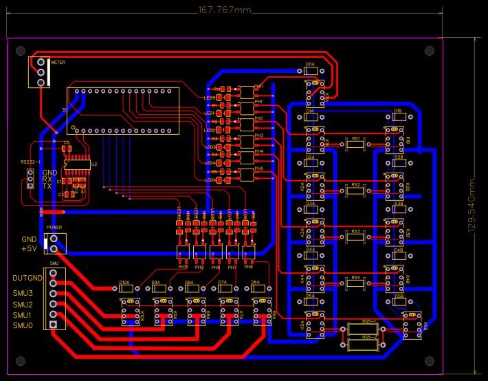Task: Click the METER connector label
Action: pos(58,62)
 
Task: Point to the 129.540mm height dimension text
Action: pos(472,206)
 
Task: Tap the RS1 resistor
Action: pos(355,144)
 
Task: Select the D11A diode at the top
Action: pos(310,70)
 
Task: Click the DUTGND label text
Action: pos(27,279)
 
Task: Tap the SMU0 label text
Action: pos(23,325)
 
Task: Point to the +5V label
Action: pos(29,249)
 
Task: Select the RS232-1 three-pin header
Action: pos(30,179)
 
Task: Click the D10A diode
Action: pos(126,290)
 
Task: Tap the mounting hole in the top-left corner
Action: pos(21,51)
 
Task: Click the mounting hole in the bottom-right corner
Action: pos(430,360)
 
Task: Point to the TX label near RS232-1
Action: pos(47,186)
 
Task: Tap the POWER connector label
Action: pos(54,227)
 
